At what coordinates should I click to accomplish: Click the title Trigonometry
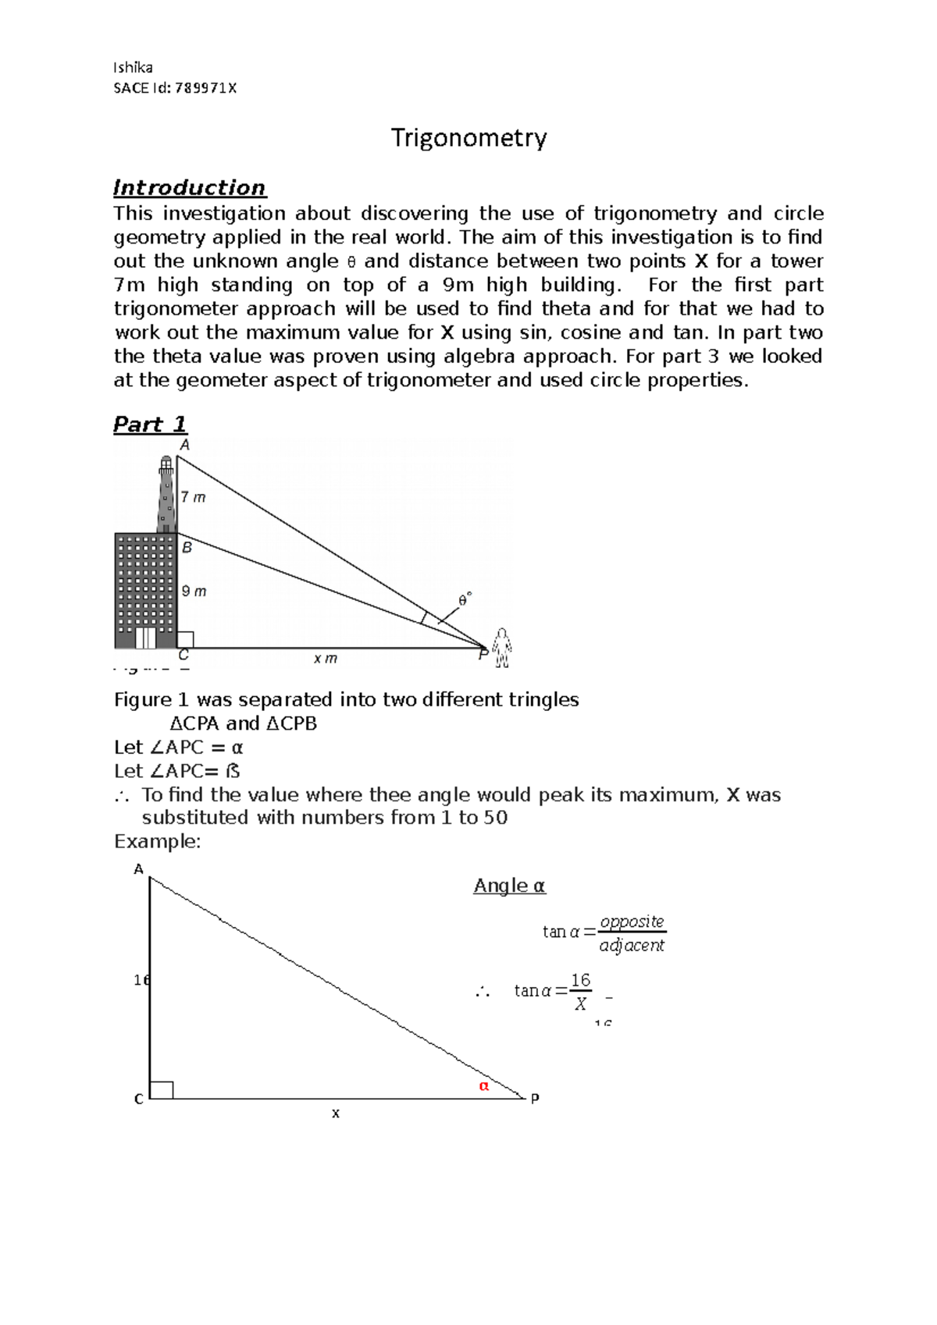(x=468, y=138)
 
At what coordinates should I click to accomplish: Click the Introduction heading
(x=189, y=188)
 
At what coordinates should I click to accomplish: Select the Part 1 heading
(x=150, y=424)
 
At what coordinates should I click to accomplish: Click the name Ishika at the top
(x=133, y=67)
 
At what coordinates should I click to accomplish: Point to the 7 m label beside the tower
(x=193, y=497)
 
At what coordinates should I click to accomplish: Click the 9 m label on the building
(x=194, y=591)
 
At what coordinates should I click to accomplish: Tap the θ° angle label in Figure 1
(x=465, y=600)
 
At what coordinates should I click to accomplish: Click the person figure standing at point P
(x=502, y=648)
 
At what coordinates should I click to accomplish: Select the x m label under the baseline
(x=325, y=659)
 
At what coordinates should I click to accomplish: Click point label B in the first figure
(x=187, y=548)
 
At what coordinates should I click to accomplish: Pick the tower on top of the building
(x=166, y=496)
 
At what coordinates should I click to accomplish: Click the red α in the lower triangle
(x=483, y=1085)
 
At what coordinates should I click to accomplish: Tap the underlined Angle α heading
(x=509, y=886)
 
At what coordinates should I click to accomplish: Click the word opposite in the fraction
(x=632, y=922)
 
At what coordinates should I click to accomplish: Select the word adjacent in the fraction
(x=631, y=946)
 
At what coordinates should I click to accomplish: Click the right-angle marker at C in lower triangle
(x=162, y=1089)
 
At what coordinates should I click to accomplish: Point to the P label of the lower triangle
(x=535, y=1099)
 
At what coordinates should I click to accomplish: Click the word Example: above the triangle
(x=157, y=841)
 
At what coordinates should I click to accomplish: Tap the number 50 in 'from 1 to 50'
(x=496, y=818)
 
